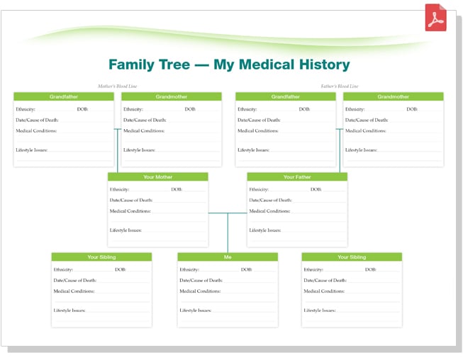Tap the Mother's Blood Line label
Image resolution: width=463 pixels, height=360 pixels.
click(118, 86)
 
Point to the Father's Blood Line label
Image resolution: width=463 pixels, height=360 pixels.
click(340, 86)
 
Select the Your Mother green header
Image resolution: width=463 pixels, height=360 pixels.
click(158, 176)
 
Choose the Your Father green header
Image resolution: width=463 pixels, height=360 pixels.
click(297, 176)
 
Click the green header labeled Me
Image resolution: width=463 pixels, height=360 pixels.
click(228, 257)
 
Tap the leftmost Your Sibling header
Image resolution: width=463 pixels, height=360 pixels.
click(101, 257)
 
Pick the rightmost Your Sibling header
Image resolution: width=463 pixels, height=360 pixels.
click(352, 257)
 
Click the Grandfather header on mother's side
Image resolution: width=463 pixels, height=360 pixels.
click(64, 96)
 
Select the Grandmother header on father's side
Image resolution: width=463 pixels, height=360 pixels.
click(393, 96)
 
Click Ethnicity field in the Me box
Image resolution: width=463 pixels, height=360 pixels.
click(190, 270)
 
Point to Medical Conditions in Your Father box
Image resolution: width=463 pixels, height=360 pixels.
click(269, 211)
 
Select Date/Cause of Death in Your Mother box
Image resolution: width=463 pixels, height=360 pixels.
click(131, 201)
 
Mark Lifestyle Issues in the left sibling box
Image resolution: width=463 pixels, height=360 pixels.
click(69, 310)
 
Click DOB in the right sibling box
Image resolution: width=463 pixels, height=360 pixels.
click(370, 270)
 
